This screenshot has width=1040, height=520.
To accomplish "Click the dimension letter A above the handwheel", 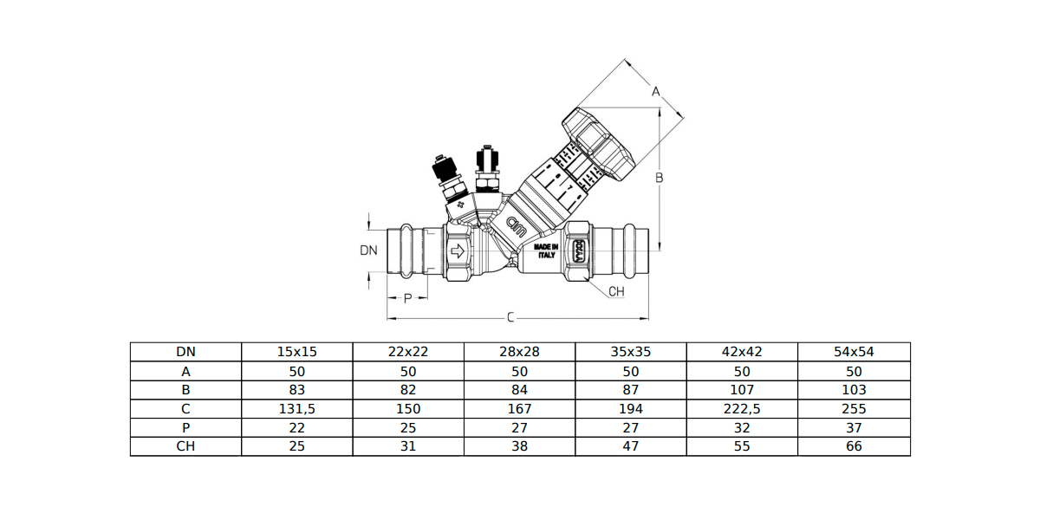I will click(x=656, y=91).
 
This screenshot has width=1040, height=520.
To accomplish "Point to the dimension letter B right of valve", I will click(x=659, y=178).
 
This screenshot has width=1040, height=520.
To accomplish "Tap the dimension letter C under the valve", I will click(x=510, y=318).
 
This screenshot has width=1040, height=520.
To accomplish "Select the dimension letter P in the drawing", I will click(x=407, y=299).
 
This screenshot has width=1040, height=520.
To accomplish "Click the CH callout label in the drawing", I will click(x=616, y=291).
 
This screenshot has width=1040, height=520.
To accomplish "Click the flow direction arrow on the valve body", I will click(x=458, y=252).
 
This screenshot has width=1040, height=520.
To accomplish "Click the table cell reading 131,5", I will click(x=296, y=409).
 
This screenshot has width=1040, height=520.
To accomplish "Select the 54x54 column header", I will click(x=854, y=352).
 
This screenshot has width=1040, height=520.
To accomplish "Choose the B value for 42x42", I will click(x=742, y=390).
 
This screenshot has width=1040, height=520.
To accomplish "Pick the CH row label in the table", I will click(x=185, y=447).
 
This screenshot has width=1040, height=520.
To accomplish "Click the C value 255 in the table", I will click(x=854, y=409).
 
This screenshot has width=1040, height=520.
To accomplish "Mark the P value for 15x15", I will click(x=296, y=428).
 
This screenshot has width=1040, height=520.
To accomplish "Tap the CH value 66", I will click(x=854, y=447).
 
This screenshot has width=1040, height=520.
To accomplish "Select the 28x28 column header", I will click(x=519, y=352).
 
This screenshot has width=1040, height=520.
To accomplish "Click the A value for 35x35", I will click(x=631, y=371).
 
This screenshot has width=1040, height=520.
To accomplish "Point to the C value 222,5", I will click(x=742, y=409).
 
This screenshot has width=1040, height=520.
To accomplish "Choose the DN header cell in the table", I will click(x=185, y=352).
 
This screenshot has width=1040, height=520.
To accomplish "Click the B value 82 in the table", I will click(x=408, y=390).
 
